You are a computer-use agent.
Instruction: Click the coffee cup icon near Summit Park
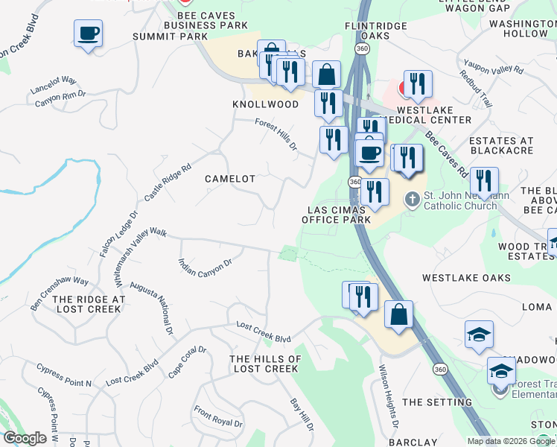pos(88,34)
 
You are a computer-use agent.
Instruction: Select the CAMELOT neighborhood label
pos(230,180)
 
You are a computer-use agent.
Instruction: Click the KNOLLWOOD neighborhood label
pos(265,104)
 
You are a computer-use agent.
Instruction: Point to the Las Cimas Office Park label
pos(337,215)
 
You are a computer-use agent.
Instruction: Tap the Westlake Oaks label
pos(466,278)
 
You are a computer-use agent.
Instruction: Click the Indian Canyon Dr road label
pos(206,268)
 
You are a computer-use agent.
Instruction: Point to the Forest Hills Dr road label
pos(276,134)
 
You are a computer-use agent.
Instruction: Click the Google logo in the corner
pos(25,438)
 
